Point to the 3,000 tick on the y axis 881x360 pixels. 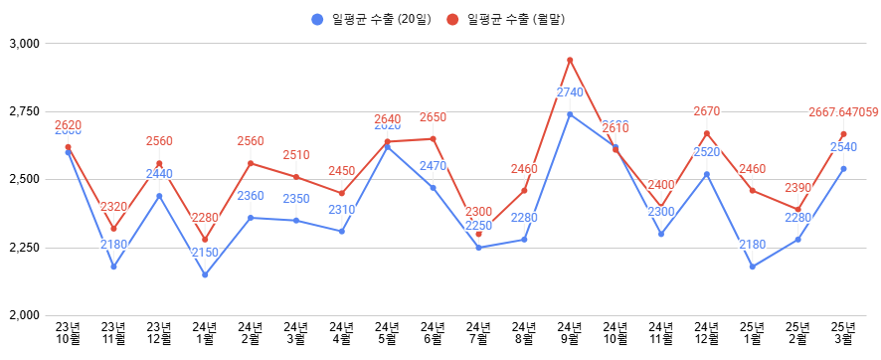tap(22, 44)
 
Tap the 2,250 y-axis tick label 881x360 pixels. tap(22, 248)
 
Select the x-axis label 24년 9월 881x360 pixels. tap(570, 332)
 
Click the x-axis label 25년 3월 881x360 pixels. tap(843, 332)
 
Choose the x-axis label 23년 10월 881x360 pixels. tap(68, 332)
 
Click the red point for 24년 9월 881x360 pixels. tap(570, 60)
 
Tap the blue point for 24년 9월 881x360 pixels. tap(570, 114)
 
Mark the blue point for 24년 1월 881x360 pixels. tap(205, 274)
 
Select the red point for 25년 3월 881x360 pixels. tap(843, 134)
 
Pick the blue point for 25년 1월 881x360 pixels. tap(752, 267)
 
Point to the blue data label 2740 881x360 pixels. tap(570, 92)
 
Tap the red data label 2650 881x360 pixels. tap(433, 117)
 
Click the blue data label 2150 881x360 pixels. tap(205, 253)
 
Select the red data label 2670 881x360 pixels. tap(706, 111)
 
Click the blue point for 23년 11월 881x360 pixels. tap(113, 267)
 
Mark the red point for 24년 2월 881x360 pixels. tap(251, 163)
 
